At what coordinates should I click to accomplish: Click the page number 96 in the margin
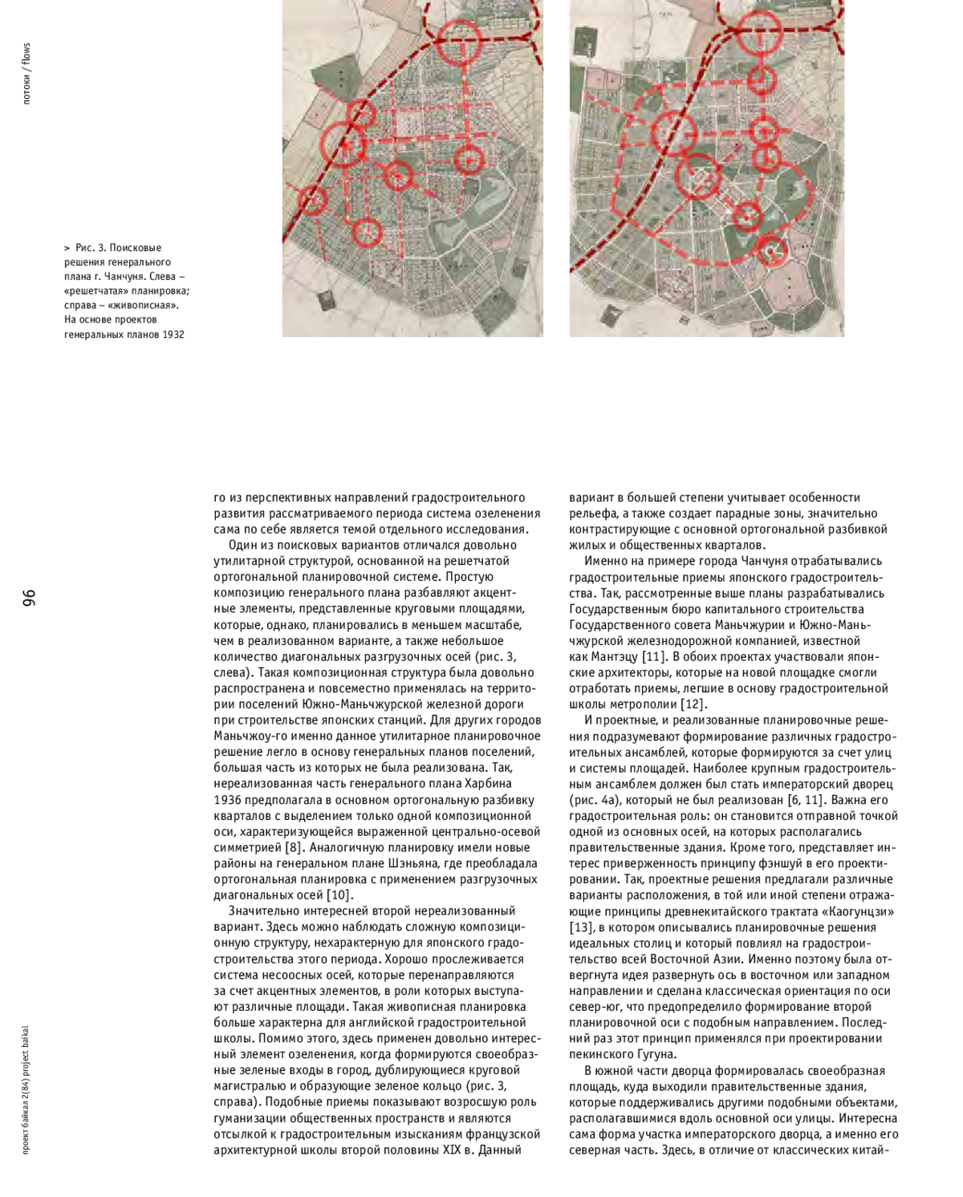point(29,598)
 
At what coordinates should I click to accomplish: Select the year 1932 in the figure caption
point(173,335)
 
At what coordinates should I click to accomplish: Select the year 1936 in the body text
point(229,800)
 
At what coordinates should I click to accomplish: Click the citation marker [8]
point(295,847)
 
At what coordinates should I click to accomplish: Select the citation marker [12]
point(693,704)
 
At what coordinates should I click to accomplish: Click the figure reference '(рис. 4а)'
point(596,800)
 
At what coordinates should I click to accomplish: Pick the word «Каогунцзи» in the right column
point(858,911)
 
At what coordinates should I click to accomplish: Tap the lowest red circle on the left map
point(366,232)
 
